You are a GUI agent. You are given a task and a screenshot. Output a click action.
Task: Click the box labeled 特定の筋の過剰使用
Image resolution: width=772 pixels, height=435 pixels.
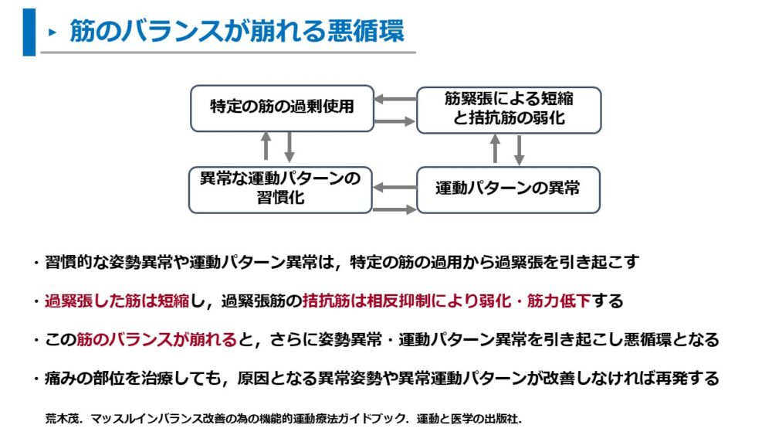(282, 108)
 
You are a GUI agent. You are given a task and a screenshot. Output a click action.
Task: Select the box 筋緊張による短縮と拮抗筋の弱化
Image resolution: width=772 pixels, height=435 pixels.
(509, 110)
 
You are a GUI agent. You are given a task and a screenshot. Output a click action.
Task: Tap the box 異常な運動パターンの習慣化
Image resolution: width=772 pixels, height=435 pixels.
(280, 190)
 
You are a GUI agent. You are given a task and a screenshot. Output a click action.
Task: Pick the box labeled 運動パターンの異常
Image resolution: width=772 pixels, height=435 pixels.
(508, 190)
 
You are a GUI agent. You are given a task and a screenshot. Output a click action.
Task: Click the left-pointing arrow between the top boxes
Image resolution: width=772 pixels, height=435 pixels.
(395, 99)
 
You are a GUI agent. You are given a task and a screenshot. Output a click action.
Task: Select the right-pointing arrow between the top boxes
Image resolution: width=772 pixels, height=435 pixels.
(394, 121)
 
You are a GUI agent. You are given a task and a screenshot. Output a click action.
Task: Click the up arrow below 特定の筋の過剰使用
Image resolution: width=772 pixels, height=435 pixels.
(266, 146)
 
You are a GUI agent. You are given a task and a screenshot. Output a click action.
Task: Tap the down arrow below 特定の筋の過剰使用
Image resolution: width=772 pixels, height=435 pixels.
(289, 147)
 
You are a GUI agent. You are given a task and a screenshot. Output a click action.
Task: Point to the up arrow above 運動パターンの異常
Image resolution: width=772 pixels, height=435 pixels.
(496, 149)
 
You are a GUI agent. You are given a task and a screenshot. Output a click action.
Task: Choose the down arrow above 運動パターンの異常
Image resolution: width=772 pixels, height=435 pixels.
(519, 150)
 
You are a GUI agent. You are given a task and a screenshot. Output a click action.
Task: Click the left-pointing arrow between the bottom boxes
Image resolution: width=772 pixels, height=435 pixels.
(394, 187)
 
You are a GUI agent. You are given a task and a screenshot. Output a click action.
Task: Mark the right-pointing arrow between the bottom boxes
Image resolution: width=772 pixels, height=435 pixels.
(394, 209)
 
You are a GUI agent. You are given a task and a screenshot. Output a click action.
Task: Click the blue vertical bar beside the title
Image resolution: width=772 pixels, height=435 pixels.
(29, 32)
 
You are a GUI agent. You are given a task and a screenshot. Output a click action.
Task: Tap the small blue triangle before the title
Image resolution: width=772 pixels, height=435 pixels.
(52, 32)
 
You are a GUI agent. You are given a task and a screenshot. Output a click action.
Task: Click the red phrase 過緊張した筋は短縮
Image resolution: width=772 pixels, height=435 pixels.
(117, 301)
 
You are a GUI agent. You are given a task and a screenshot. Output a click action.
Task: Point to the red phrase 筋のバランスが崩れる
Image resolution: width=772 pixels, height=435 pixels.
(157, 339)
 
